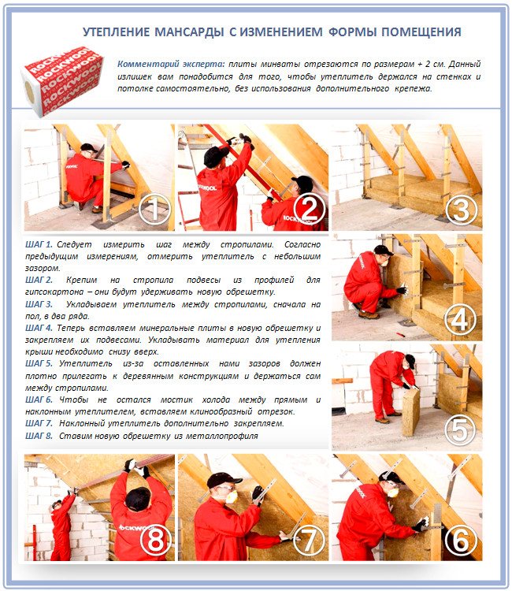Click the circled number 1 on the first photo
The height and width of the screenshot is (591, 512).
[154, 209]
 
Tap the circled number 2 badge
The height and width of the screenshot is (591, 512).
[309, 209]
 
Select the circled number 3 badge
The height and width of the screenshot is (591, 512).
[461, 210]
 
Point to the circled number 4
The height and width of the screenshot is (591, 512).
[460, 320]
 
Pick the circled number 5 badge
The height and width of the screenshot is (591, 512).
[460, 429]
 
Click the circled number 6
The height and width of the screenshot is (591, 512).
[460, 540]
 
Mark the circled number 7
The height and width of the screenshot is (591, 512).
[308, 540]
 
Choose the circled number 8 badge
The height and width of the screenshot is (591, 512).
[155, 540]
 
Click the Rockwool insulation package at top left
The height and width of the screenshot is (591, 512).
[62, 81]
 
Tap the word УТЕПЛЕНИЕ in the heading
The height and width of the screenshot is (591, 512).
[116, 32]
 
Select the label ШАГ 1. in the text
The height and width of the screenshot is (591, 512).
[39, 244]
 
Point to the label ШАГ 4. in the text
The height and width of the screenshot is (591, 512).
[39, 328]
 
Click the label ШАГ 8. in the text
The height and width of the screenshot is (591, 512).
[39, 436]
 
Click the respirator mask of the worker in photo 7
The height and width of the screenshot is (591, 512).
[232, 496]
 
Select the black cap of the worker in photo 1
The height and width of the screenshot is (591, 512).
[88, 147]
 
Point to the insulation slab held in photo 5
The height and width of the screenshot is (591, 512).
[411, 412]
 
